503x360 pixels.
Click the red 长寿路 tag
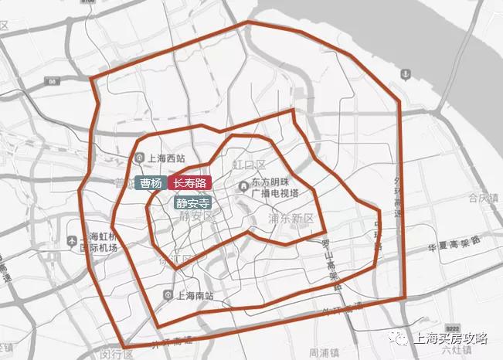(189, 183)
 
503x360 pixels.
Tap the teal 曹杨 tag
(151, 183)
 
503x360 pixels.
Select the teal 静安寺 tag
(192, 204)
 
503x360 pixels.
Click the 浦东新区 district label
(291, 219)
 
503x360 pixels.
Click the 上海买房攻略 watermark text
(453, 338)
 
